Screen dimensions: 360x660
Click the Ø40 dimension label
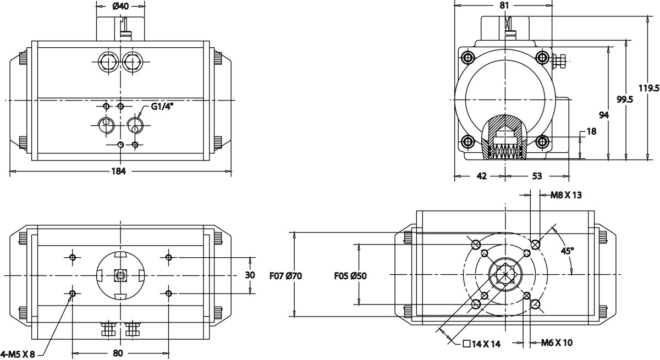tap(120, 7)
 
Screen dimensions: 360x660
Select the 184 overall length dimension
tap(119, 171)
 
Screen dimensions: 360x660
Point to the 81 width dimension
tap(504, 5)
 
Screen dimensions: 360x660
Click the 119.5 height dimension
tap(649, 88)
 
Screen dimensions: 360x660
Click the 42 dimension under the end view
tap(481, 176)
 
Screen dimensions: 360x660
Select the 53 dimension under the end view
tap(537, 176)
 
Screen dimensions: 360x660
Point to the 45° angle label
tap(567, 250)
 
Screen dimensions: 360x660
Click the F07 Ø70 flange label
tap(287, 275)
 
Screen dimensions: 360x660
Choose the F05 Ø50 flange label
tap(350, 275)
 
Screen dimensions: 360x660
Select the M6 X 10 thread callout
tap(557, 343)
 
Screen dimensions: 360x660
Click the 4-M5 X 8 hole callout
tap(18, 355)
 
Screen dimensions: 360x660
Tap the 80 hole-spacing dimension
tap(118, 353)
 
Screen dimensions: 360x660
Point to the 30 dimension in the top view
tap(250, 275)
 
